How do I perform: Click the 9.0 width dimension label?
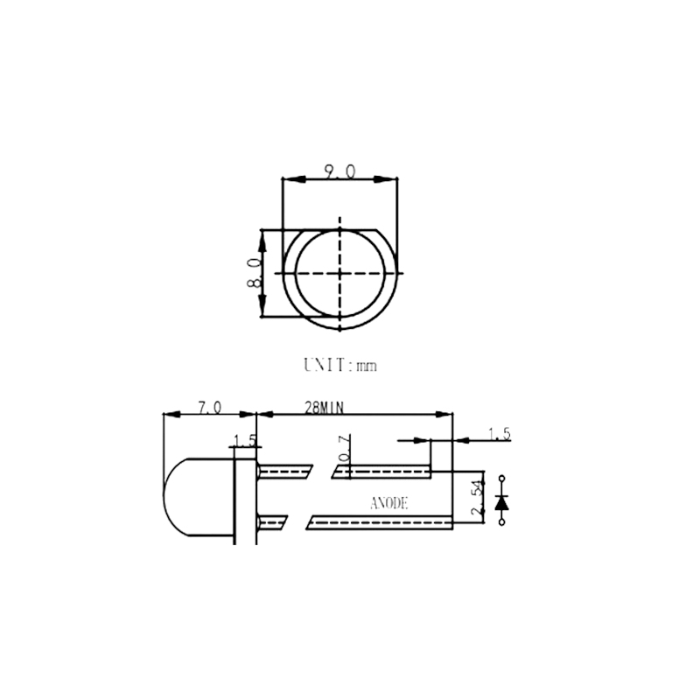339,171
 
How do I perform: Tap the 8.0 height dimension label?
254,273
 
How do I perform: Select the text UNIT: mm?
340,365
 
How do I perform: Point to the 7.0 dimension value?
210,408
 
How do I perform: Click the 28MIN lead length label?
324,408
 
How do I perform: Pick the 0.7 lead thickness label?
345,447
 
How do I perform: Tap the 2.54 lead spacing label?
477,498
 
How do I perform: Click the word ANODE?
388,504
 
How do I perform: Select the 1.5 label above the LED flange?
246,441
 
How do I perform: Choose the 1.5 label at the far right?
499,434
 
